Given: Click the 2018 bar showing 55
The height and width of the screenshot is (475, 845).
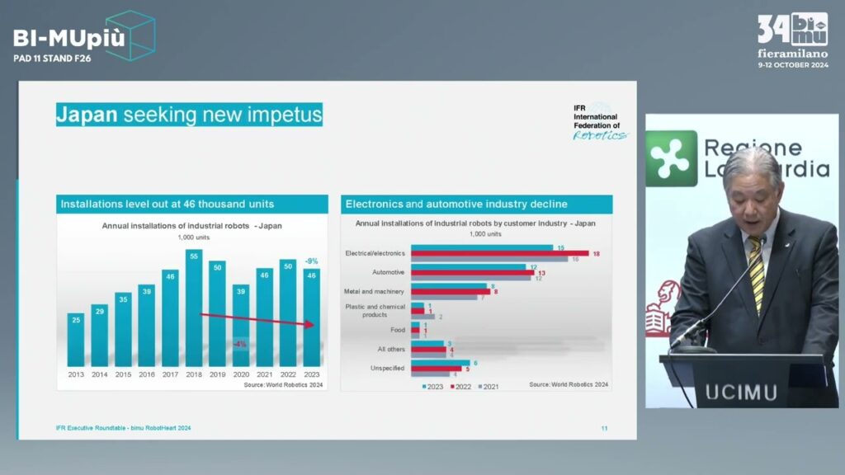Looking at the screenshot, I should pos(194,309).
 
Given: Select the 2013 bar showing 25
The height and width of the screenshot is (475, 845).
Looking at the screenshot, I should pos(76,338).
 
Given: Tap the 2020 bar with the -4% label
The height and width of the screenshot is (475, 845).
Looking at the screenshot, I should pos(240,326).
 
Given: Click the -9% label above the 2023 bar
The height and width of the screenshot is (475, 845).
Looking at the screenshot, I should pos(311,261).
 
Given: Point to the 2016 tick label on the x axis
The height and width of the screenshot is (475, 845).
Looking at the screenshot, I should pos(147,374).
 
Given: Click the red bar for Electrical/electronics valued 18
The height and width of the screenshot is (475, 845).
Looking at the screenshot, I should pos(499,253).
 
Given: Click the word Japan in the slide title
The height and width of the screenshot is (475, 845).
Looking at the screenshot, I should pos(87,115).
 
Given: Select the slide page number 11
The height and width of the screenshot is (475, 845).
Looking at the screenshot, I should pos(604,428).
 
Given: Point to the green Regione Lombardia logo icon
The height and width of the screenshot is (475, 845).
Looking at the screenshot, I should pos(671,158).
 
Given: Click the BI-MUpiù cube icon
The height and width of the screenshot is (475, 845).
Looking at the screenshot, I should pos(130,35).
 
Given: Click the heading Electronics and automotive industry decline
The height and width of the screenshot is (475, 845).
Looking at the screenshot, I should pos(456,204).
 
